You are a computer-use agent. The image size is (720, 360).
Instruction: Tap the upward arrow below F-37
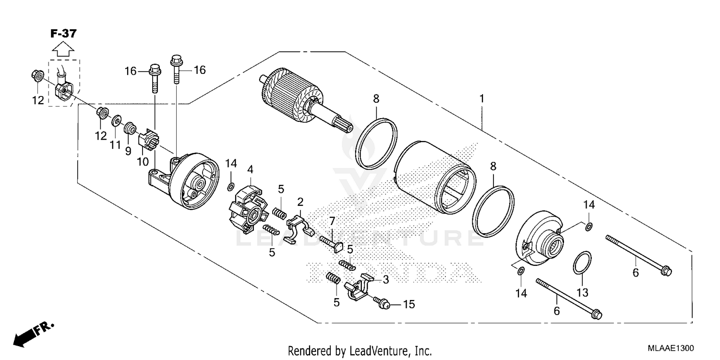tap(63, 49)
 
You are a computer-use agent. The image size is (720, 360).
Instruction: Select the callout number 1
tap(481, 99)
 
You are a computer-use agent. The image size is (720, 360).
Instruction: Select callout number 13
tap(582, 292)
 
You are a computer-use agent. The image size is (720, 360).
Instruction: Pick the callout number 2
tap(300, 201)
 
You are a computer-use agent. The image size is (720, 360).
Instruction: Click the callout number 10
tap(143, 162)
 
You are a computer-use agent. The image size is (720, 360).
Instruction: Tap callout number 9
tap(128, 151)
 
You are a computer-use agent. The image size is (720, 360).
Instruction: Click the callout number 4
tap(250, 169)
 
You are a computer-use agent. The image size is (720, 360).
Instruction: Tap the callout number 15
tap(408, 304)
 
